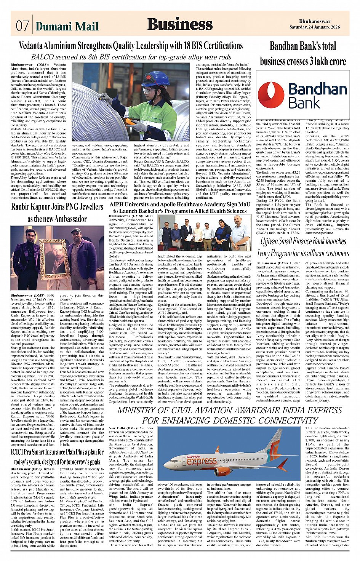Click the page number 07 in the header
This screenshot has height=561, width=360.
(x=22, y=26)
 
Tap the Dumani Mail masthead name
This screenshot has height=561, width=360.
(x=67, y=26)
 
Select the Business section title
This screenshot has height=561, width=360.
(x=180, y=24)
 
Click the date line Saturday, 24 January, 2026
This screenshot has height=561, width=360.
(x=314, y=27)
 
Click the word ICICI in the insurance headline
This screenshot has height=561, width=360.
(x=19, y=452)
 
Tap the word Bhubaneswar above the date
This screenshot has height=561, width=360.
(x=315, y=21)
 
